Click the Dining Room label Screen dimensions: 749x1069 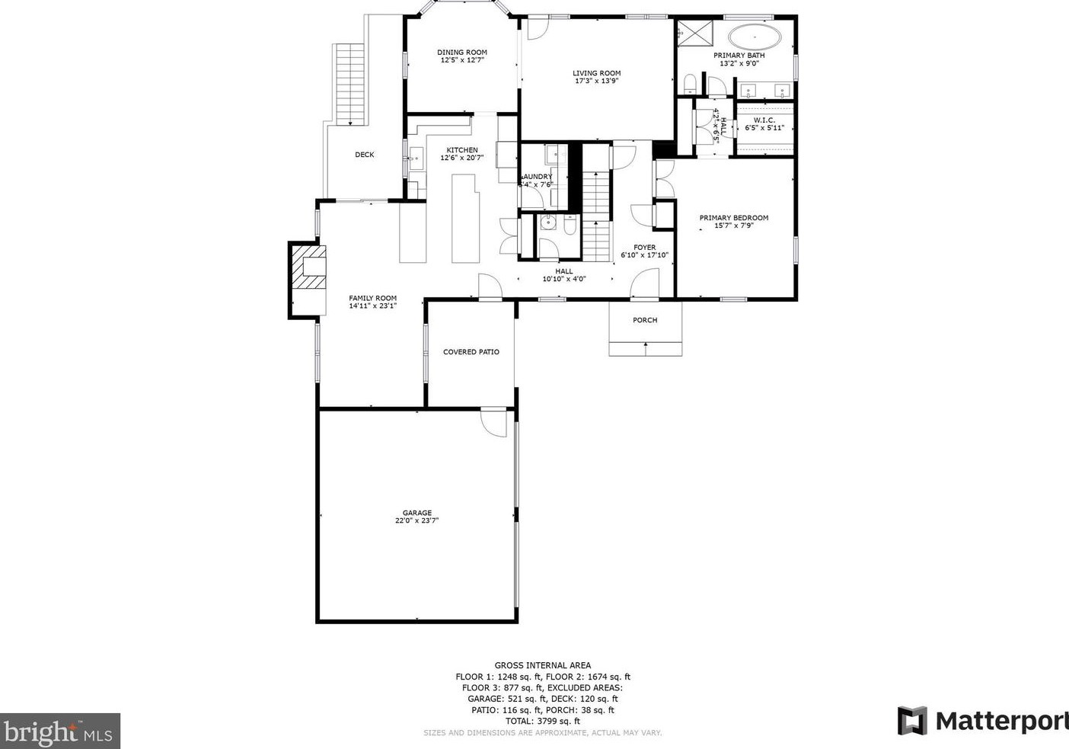coord(461,53)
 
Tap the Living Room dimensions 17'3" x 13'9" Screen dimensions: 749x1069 coord(596,81)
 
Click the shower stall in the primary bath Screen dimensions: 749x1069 coord(692,34)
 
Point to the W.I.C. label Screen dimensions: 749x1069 coord(764,120)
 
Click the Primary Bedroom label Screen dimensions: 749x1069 coord(733,218)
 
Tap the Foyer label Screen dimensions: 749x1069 coord(644,248)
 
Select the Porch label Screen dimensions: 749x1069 coord(644,320)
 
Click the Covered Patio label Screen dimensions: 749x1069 coord(471,352)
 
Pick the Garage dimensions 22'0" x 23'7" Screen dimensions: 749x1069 coord(416,521)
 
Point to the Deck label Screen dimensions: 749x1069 coord(364,155)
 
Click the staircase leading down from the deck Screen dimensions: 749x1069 coord(349,84)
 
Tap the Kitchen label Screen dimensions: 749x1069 coord(461,150)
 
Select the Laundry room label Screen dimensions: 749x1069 coord(537,177)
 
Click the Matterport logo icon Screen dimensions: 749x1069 coord(911,721)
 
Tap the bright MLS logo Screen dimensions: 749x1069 coord(59,731)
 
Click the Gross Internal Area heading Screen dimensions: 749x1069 coord(542,665)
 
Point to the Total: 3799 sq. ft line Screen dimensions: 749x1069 coord(542,721)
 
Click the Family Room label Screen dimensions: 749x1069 coord(372,299)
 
